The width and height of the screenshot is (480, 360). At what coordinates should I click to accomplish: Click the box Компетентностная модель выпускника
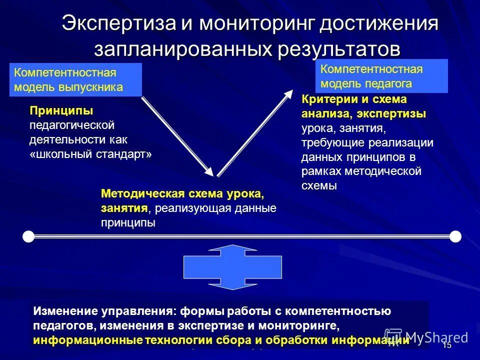click(75, 79)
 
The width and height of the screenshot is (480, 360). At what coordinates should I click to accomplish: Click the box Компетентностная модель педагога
click(380, 76)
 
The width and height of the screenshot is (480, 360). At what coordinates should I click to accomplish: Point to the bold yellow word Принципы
click(61, 110)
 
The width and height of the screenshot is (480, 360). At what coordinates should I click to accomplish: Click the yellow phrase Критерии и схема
click(354, 99)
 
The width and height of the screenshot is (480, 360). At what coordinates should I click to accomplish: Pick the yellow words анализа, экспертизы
click(363, 113)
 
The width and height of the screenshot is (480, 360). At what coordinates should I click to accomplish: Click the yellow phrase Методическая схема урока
click(182, 193)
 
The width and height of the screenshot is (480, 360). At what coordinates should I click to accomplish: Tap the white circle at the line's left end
click(28, 236)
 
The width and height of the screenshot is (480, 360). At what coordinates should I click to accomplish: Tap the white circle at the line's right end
click(455, 236)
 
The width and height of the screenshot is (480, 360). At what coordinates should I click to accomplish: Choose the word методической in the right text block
click(391, 171)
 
